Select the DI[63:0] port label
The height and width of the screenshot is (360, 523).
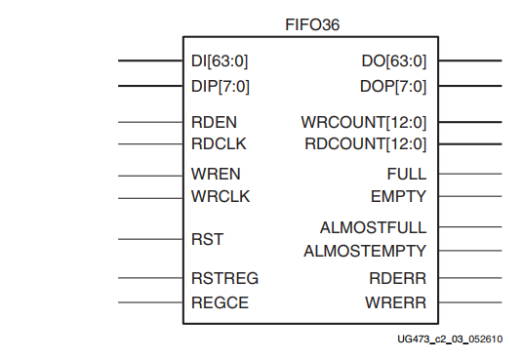221,61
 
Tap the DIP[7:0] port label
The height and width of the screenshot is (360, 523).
221,86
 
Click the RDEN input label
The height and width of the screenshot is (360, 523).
214,123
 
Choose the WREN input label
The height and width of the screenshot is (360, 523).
216,176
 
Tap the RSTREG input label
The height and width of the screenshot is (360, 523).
224,278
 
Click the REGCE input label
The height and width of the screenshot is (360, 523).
220,302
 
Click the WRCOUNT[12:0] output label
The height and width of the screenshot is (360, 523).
364,123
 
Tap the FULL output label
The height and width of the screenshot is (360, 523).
406,175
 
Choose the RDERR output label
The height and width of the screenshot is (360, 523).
400,278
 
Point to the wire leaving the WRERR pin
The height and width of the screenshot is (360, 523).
468,302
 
